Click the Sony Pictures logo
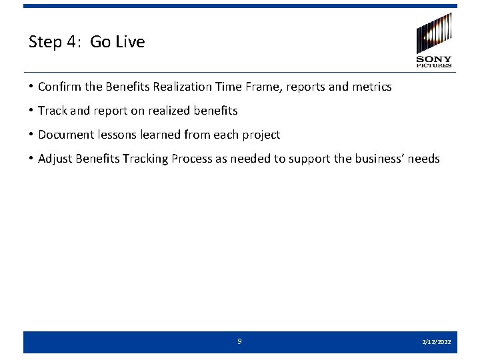(x=434, y=40)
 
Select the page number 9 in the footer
(x=240, y=341)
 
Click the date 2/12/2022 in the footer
(x=437, y=342)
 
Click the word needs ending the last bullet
(x=425, y=159)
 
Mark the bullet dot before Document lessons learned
(x=31, y=135)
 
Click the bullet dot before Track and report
(x=31, y=111)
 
